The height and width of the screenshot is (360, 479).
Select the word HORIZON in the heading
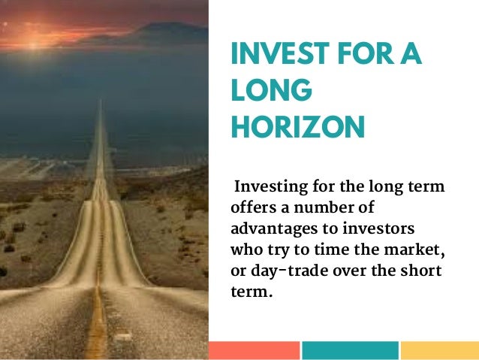point(297,126)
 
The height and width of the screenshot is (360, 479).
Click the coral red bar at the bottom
point(254,350)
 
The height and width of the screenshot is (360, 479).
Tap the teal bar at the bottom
point(350,350)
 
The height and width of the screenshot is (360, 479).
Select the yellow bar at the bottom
point(440,350)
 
